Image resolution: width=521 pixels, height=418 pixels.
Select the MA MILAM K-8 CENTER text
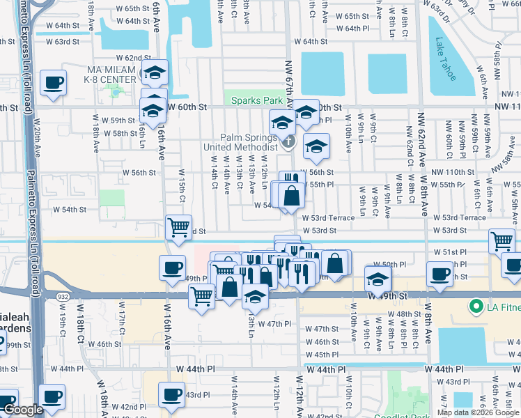[111, 75]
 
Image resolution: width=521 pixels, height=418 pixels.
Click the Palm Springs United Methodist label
[241, 142]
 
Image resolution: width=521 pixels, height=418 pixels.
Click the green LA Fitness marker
[476, 307]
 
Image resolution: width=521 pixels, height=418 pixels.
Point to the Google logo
[22, 410]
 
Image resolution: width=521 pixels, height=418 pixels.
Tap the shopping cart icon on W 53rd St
[179, 226]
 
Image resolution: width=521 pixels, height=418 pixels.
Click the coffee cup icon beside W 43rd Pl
[172, 394]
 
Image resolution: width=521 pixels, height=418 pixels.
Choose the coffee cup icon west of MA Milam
[54, 82]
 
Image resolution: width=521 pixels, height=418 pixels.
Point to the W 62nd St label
[133, 58]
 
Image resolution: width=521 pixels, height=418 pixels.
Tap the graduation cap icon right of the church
[316, 146]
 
